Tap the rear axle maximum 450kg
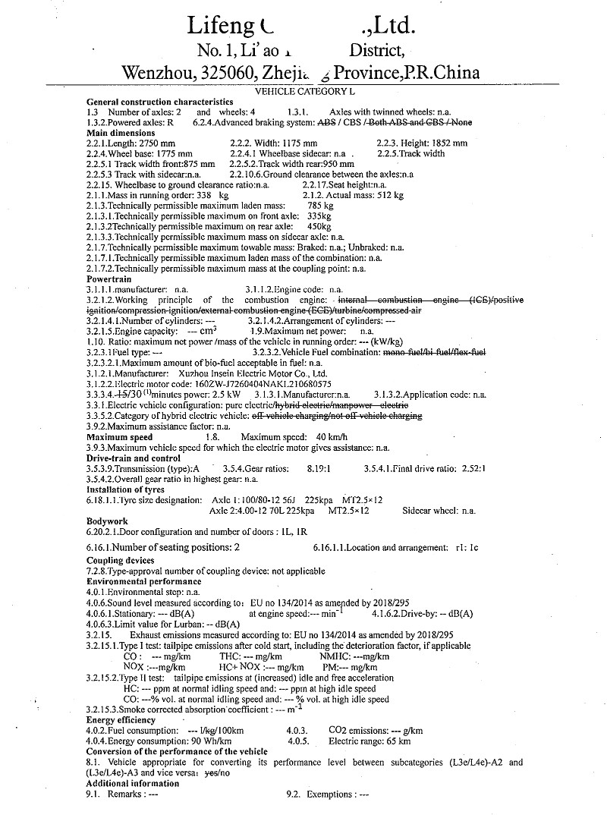coord(319,226)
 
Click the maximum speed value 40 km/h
coord(332,437)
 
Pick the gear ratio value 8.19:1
coord(319,469)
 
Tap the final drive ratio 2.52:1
coord(470,469)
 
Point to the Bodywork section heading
coord(109,521)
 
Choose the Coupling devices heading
coord(121,560)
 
